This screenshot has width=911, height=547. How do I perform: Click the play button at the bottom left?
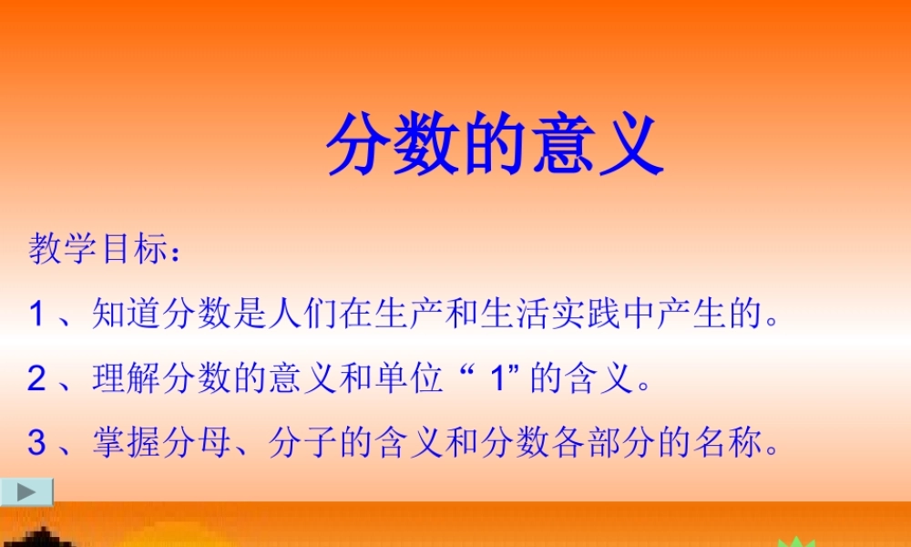point(26,491)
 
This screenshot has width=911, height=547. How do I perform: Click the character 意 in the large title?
point(563,145)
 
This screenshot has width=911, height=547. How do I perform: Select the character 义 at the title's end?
point(630,145)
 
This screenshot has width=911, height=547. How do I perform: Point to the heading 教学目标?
point(94,249)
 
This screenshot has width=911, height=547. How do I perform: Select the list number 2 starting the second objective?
point(36,378)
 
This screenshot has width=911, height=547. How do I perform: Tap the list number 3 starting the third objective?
point(36,443)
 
